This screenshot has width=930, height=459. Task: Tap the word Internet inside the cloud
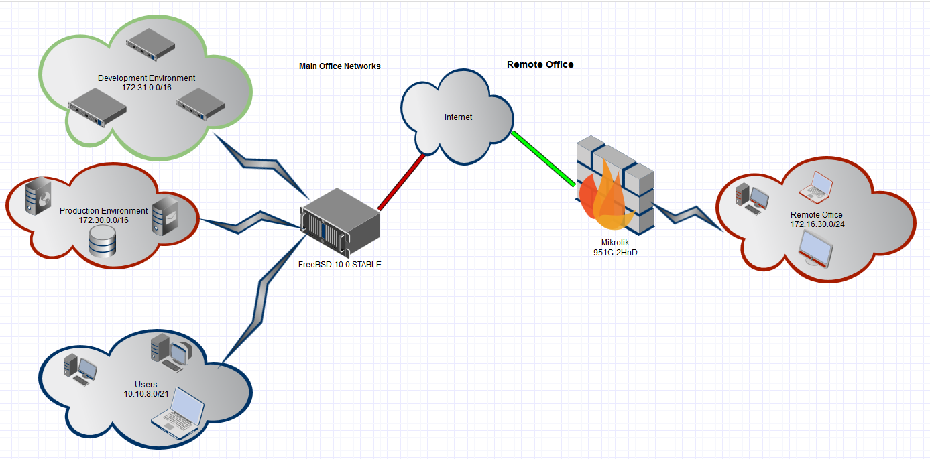(x=458, y=117)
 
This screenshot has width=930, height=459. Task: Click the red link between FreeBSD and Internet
(x=401, y=182)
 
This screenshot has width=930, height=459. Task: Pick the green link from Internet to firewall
(x=544, y=158)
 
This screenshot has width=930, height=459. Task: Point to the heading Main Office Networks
(x=339, y=66)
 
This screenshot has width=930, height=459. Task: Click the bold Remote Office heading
(x=540, y=64)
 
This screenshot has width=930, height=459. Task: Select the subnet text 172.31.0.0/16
(x=146, y=87)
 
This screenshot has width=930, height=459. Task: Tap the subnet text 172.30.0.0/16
(x=103, y=220)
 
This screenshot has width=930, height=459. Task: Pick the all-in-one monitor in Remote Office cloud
(x=818, y=251)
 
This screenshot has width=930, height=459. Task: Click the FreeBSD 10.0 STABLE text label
(x=339, y=265)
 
